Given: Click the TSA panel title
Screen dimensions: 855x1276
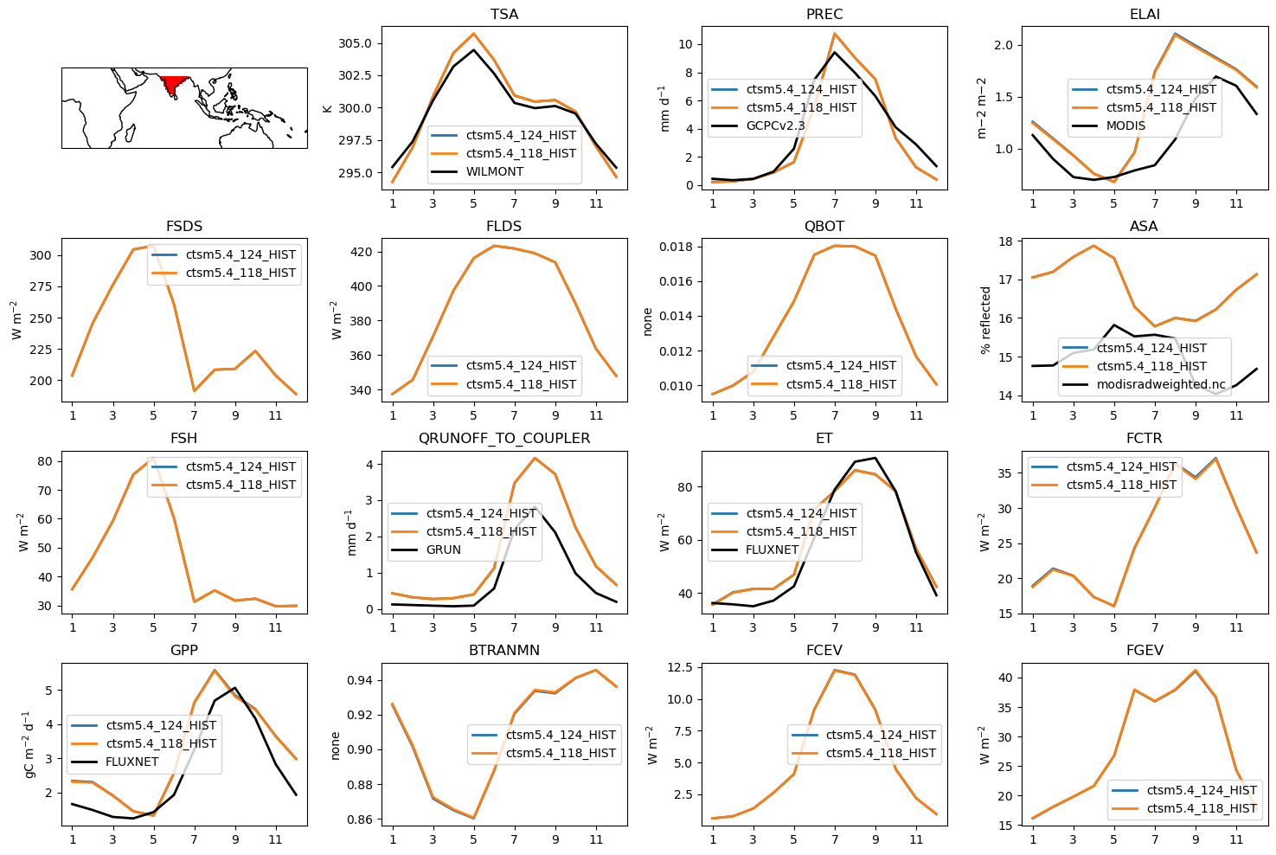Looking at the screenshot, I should click(x=503, y=15).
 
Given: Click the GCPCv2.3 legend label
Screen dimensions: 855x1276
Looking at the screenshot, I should click(x=775, y=125).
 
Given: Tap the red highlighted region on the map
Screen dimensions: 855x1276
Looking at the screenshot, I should click(x=176, y=84).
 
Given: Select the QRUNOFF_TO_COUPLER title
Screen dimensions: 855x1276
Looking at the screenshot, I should click(x=503, y=439).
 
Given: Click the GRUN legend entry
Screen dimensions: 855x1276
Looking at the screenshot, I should click(x=443, y=550).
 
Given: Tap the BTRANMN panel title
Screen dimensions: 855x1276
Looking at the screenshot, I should click(x=503, y=651).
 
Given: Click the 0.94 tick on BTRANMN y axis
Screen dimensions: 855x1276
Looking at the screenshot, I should click(x=360, y=680).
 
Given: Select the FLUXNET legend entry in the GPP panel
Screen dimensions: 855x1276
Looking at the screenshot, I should click(x=131, y=762).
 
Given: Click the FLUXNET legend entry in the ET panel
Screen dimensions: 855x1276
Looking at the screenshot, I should click(x=772, y=550).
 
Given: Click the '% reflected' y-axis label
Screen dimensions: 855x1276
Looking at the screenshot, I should click(x=985, y=320).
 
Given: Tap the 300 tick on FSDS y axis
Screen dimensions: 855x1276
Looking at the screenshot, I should click(x=42, y=256).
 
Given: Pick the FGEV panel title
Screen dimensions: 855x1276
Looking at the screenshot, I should click(x=1144, y=651).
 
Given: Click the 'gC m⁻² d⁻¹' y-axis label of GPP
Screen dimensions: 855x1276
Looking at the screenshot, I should click(x=29, y=744).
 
